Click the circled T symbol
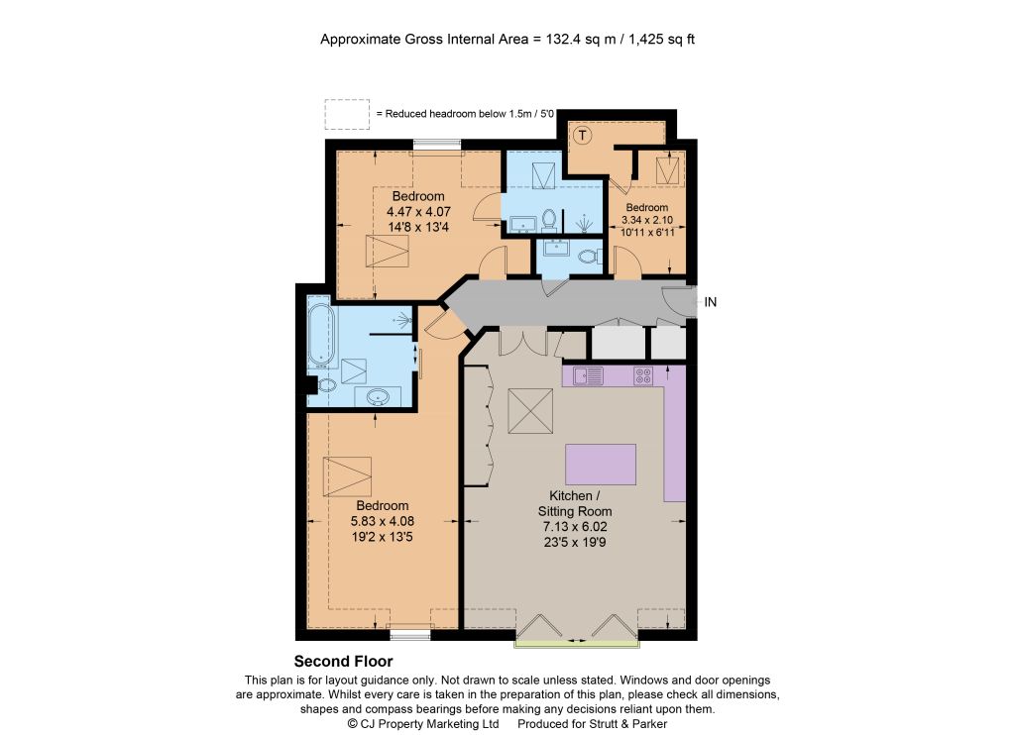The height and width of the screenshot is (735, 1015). tap(583, 136)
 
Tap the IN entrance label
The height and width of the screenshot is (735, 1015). tap(710, 302)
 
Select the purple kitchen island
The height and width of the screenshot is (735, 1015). tap(601, 465)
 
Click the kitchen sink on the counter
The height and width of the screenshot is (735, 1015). tap(589, 375)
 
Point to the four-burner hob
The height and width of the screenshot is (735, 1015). tap(642, 375)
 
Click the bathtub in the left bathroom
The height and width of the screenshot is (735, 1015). tap(321, 335)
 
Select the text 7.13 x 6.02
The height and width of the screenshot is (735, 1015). tap(575, 527)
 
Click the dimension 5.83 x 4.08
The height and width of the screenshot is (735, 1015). tap(382, 521)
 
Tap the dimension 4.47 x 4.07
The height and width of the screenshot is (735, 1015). tap(418, 212)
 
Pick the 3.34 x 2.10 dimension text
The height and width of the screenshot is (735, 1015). tap(646, 220)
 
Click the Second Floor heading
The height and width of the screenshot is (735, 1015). tap(343, 662)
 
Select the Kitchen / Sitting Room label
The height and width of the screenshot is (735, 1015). tap(575, 503)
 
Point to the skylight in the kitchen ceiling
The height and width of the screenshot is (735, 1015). tap(530, 411)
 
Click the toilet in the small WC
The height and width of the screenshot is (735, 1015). tap(590, 258)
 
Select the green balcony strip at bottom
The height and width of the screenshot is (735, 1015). tap(577, 644)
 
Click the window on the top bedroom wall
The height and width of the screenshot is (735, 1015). tap(437, 146)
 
